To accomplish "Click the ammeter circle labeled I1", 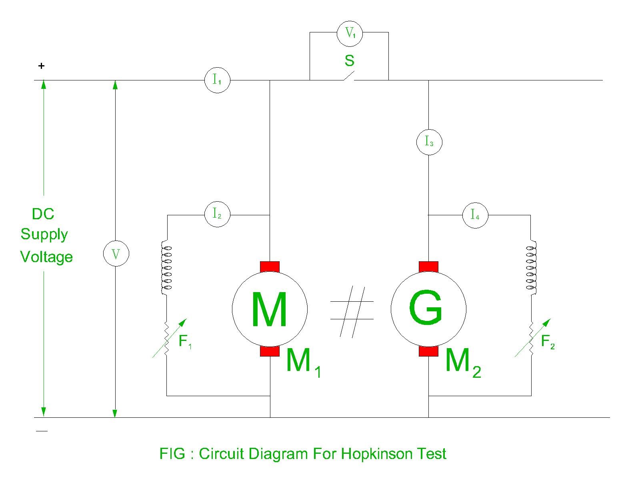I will tap(217, 80).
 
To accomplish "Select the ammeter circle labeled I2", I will tap(217, 214).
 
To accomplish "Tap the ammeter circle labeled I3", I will tap(429, 142).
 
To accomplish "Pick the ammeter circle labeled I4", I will tap(475, 215).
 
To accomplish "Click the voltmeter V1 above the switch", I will tap(350, 33).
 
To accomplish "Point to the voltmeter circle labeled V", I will tap(116, 254).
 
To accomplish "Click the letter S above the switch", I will tap(349, 61).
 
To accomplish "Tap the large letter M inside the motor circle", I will tap(269, 309).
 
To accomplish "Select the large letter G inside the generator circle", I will tap(426, 308).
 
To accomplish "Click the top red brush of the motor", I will tap(270, 267).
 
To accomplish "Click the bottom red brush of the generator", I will tap(428, 351).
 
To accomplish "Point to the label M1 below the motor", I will tap(303, 363).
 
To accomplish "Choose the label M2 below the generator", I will tap(462, 363).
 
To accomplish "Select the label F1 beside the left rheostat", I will tap(185, 342).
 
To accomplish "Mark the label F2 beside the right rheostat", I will tap(548, 342).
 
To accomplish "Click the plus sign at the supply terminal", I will tap(41, 66).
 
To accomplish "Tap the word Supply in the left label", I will tap(44, 234).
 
